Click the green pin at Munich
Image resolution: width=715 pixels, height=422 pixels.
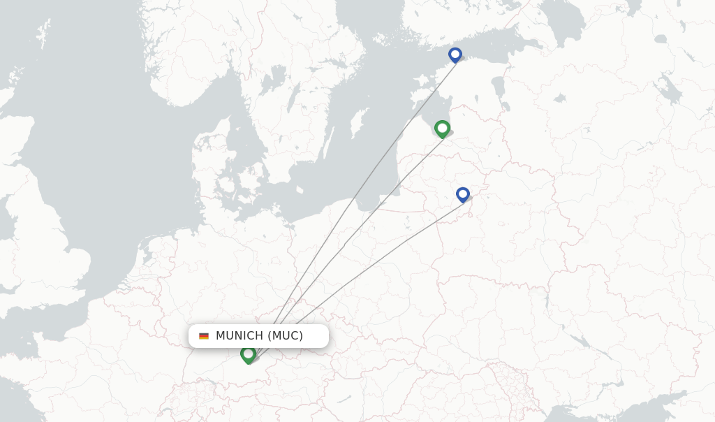pyautogui.click(x=248, y=354)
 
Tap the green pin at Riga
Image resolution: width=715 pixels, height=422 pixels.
pyautogui.click(x=442, y=129)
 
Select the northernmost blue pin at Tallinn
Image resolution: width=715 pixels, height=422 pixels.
pyautogui.click(x=455, y=54)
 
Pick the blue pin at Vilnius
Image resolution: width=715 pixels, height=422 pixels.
pyautogui.click(x=462, y=194)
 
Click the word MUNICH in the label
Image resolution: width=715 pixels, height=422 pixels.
pyautogui.click(x=239, y=336)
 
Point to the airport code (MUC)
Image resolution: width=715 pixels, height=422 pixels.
pyautogui.click(x=286, y=336)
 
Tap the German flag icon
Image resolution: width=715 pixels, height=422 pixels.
pyautogui.click(x=204, y=336)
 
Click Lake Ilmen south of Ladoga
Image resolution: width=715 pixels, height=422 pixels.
pyautogui.click(x=559, y=99)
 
